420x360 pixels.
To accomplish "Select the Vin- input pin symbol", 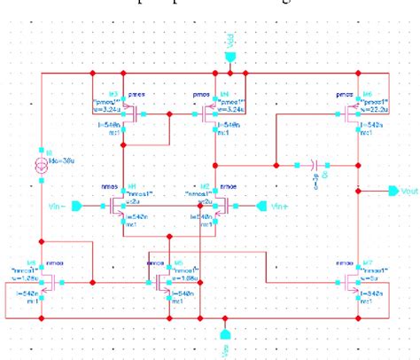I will point(78,206).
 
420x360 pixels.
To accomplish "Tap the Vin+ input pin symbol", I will point(262,206).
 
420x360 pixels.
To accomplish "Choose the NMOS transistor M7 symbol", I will point(353,283).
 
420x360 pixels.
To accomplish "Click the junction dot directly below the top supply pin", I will point(230,74).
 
